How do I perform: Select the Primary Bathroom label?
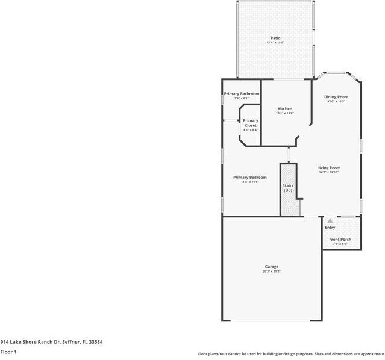pos(241,94)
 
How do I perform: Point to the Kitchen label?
pos(284,109)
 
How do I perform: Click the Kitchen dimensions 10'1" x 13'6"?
pos(284,113)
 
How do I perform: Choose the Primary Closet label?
pos(250,123)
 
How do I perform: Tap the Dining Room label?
pos(336,97)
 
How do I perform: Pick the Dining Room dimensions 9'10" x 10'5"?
pos(336,101)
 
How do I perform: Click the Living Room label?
pos(329,168)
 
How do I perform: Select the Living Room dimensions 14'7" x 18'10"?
pos(329,172)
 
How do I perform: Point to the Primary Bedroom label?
pos(249,177)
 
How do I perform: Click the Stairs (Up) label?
pos(288,188)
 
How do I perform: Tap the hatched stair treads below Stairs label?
pos(290,205)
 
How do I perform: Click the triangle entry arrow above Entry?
pos(330,221)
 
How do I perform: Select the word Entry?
pos(330,228)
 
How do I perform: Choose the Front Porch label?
pos(340,240)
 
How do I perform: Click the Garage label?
pos(271,267)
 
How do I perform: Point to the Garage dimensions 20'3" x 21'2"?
pos(271,272)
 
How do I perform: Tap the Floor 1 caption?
pos(8,352)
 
